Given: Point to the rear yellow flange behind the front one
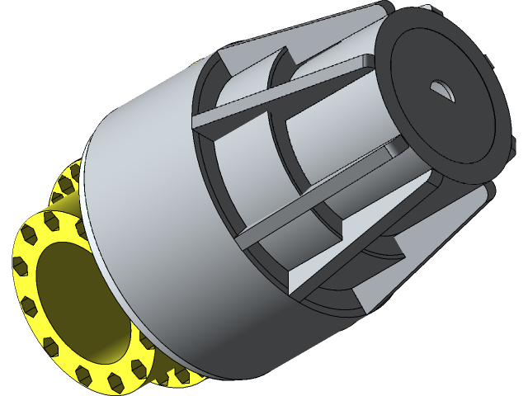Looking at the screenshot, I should coord(66,190).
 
